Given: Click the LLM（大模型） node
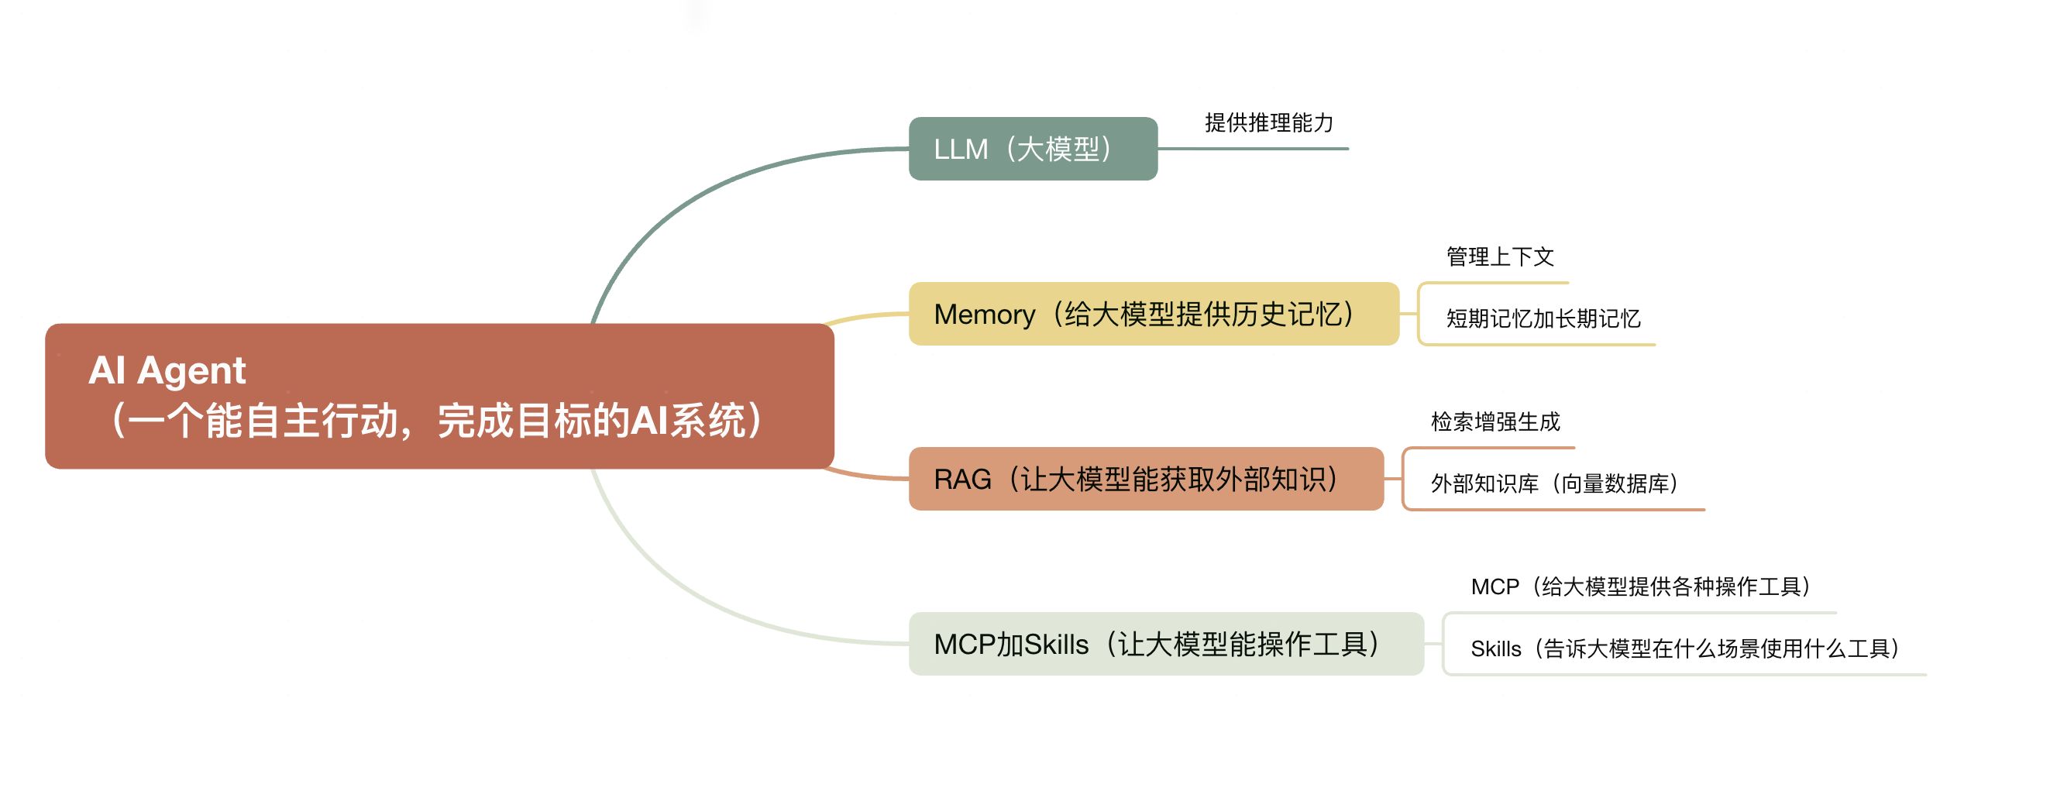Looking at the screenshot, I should [1032, 149].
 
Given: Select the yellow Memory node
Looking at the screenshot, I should [1153, 314].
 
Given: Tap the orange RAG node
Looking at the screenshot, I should [1145, 479].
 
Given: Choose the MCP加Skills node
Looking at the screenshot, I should [1165, 644].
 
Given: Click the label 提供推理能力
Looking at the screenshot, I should [1268, 122].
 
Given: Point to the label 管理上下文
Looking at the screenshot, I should [1499, 256].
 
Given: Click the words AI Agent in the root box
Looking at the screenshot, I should [167, 370].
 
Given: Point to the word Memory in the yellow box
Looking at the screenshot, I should [985, 315].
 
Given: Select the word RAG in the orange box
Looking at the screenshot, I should [962, 480].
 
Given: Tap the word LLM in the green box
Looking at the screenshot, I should [961, 150].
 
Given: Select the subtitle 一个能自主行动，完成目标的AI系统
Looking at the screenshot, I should [438, 421].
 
